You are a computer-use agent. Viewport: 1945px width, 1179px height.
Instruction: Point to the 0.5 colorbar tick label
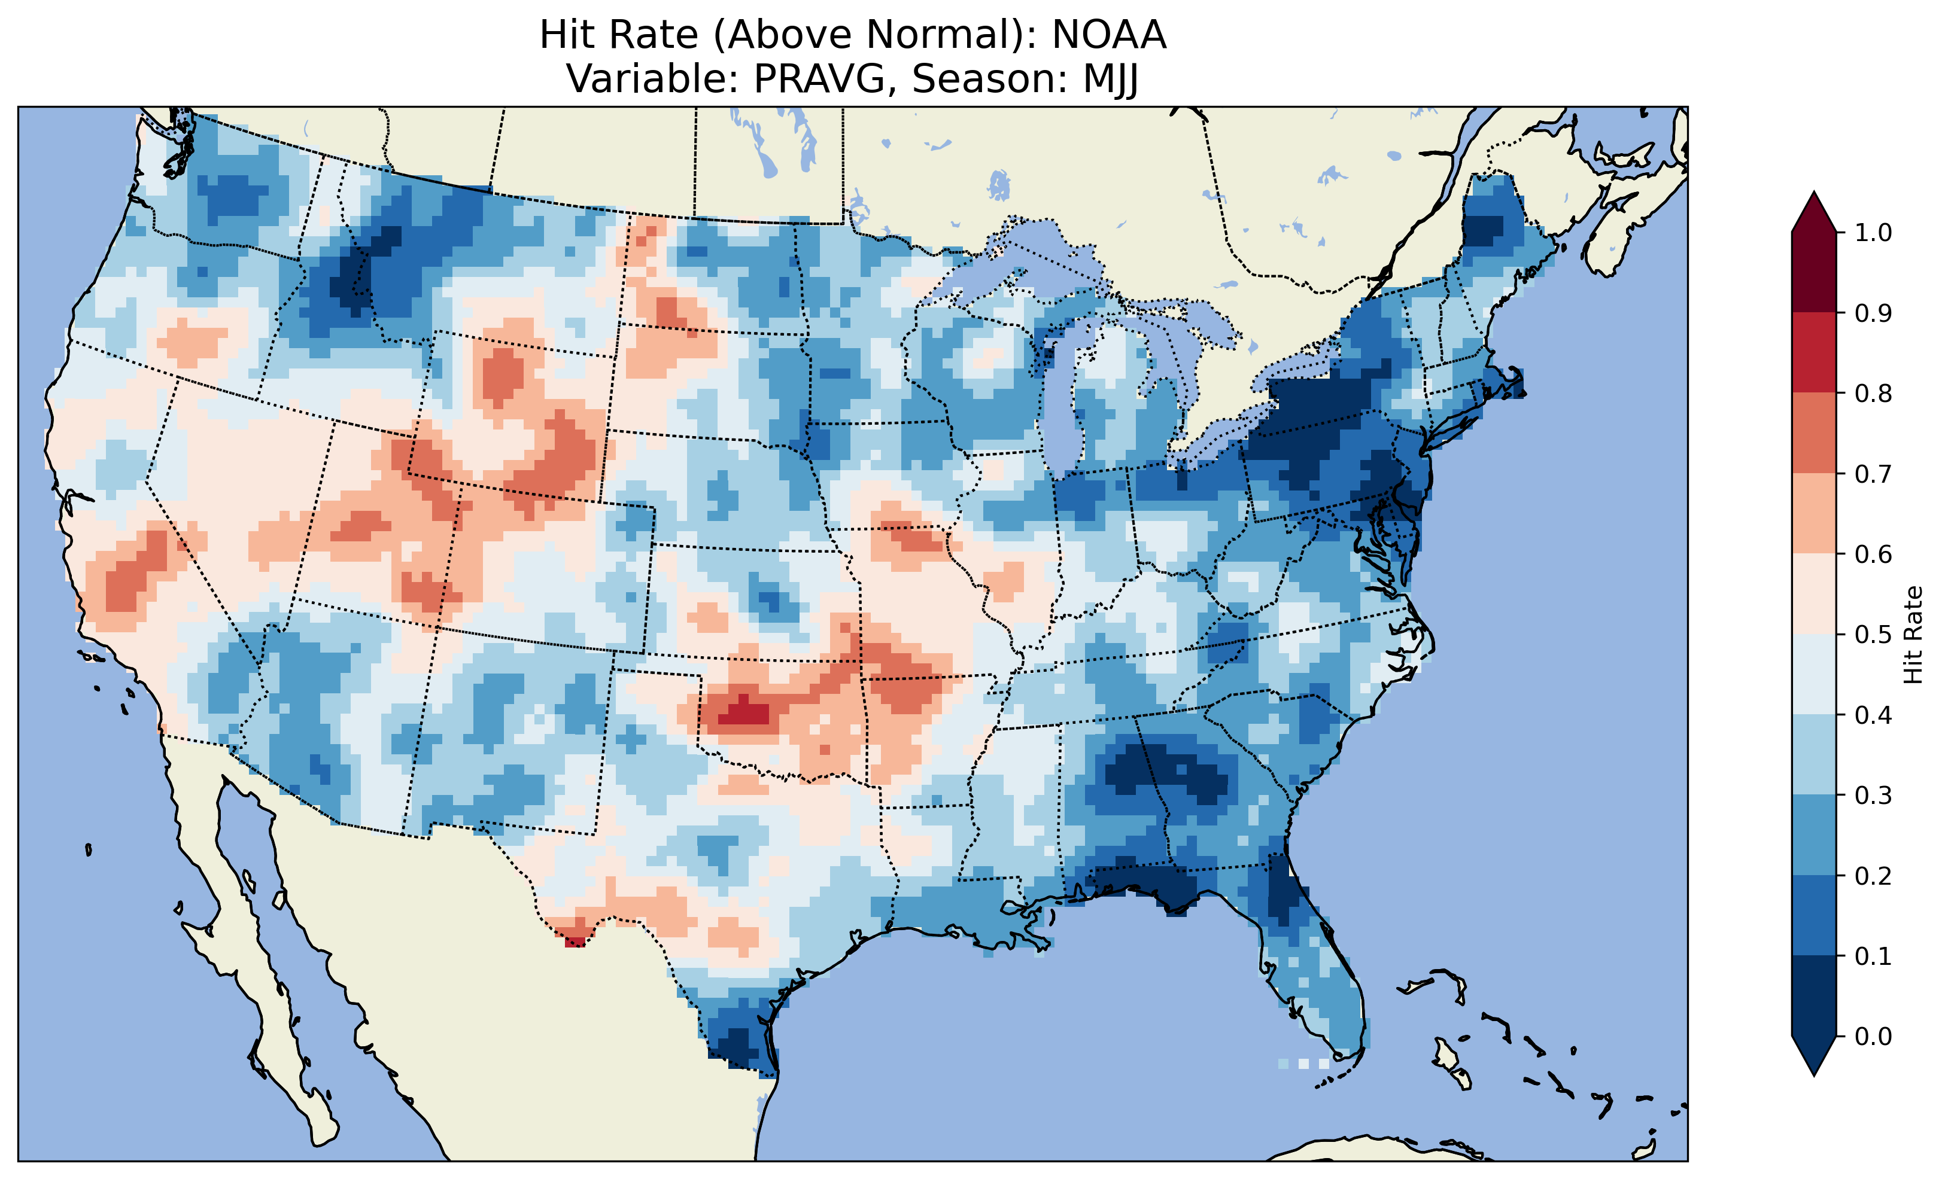(x=1873, y=635)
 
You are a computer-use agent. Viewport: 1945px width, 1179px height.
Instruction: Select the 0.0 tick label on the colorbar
(x=1873, y=1036)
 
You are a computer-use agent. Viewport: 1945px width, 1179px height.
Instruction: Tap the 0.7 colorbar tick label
(x=1873, y=474)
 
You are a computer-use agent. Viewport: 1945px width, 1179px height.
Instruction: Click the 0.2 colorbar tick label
(x=1873, y=876)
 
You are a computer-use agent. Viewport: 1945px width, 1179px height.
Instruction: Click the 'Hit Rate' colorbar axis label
(x=1913, y=635)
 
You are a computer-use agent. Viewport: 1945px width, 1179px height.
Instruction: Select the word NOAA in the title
(x=1108, y=35)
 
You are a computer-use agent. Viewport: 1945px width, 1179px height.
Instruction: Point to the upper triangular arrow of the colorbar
(x=1814, y=213)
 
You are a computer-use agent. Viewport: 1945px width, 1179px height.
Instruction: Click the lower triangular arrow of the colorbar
(x=1814, y=1055)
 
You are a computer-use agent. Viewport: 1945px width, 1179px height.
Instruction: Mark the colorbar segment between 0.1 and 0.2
(x=1814, y=915)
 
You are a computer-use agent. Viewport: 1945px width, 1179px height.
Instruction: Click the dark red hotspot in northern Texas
(x=742, y=712)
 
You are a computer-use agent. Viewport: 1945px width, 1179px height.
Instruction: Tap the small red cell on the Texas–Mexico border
(x=575, y=940)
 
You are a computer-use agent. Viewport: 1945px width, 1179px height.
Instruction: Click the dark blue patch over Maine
(x=1482, y=229)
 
